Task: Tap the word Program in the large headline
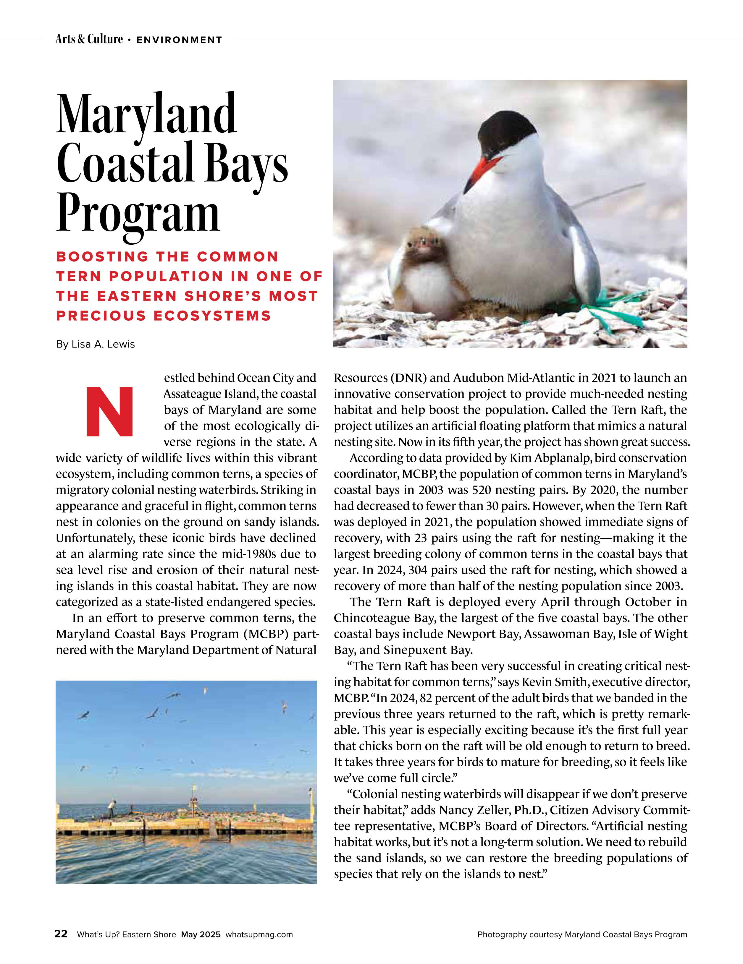point(138,214)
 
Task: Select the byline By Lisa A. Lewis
point(96,344)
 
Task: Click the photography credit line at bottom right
point(582,934)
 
